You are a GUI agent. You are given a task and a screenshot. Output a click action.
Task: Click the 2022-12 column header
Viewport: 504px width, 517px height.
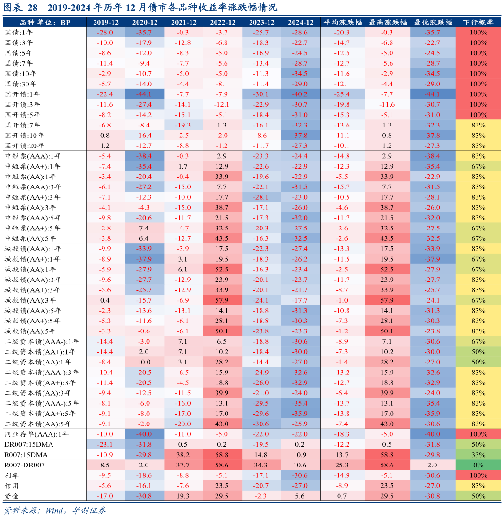223,22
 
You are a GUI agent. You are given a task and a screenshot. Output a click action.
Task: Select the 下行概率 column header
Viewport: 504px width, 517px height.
478,22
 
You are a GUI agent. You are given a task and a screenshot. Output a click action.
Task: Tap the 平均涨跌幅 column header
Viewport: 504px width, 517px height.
342,22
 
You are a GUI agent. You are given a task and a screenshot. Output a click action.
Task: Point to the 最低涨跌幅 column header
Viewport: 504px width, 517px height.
433,22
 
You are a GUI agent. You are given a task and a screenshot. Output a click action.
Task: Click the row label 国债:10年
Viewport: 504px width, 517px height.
21,74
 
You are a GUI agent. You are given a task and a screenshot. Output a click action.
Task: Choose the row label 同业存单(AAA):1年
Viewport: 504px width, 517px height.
37,434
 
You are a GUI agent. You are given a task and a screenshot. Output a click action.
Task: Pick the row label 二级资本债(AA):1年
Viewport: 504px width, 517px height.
38,362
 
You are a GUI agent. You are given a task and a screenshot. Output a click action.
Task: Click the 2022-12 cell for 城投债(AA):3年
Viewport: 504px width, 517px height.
223,300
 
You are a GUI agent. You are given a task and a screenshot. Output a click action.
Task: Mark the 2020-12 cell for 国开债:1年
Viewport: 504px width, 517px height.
145,94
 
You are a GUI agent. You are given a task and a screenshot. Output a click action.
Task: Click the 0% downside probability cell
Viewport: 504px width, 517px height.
478,465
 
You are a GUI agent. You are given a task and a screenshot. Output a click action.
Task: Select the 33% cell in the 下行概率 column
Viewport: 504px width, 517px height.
478,455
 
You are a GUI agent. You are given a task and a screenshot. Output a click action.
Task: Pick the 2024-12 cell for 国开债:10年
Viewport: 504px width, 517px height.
301,136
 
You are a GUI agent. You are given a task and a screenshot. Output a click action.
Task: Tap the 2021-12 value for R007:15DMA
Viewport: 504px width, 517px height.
183,455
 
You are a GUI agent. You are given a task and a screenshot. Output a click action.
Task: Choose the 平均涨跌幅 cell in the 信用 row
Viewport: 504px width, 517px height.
342,485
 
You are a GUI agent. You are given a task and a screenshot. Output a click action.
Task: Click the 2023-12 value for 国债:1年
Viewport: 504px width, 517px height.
261,33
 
